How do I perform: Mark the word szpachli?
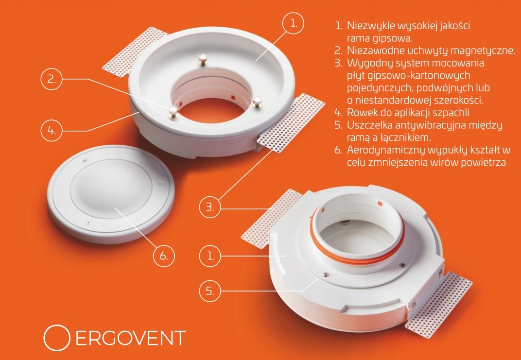pyautogui.click(x=452, y=113)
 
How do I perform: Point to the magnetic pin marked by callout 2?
pyautogui.click(x=173, y=111)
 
